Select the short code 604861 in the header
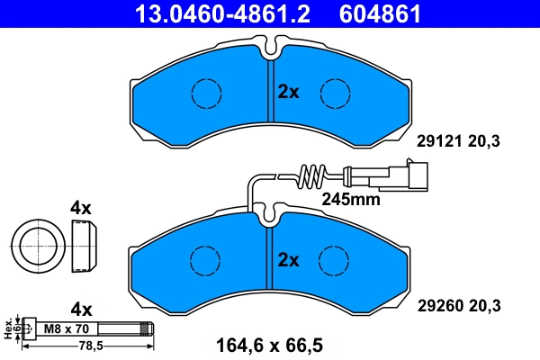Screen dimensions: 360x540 click(x=380, y=13)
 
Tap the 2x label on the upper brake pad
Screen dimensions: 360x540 click(x=288, y=91)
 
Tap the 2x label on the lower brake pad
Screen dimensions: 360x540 click(x=288, y=260)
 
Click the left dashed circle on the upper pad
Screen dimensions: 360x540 click(x=206, y=91)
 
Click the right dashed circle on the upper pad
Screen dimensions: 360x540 click(x=335, y=91)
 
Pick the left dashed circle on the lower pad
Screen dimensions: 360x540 click(x=206, y=260)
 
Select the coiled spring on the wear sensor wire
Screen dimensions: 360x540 click(x=310, y=174)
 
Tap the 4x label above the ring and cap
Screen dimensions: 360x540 click(x=81, y=208)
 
